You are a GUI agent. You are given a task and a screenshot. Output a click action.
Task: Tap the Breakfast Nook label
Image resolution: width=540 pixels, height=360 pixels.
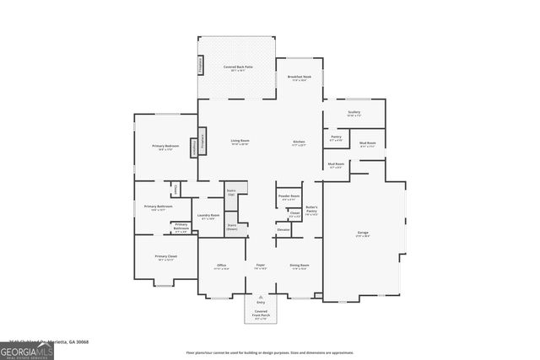tap(300, 78)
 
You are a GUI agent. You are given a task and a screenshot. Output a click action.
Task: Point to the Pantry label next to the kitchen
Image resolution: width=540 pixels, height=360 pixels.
tap(336, 137)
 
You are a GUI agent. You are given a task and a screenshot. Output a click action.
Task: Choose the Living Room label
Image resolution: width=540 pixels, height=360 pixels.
tap(240, 142)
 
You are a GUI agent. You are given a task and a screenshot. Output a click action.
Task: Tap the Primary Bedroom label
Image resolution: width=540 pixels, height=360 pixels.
tap(162, 147)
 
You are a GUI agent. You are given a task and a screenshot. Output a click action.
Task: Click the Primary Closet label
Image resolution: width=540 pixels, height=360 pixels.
tap(165, 257)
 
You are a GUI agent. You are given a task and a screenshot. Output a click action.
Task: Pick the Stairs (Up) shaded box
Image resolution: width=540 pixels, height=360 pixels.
tap(231, 193)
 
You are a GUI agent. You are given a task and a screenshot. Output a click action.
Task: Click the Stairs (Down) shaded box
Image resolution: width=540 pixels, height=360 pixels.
tap(231, 227)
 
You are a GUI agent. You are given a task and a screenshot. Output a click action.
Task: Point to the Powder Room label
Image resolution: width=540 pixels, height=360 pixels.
tap(289, 197)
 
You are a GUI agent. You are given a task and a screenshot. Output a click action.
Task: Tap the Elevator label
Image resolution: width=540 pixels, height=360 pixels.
tap(283, 230)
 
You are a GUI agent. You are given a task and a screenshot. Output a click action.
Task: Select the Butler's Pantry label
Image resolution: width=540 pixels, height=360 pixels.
tap(311, 210)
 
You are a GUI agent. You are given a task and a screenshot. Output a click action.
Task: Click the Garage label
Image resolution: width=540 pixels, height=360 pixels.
tap(363, 234)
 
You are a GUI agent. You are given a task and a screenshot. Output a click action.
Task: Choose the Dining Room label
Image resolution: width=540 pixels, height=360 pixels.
tap(300, 266)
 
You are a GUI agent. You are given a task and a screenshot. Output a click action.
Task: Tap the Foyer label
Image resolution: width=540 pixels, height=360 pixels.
tap(261, 266)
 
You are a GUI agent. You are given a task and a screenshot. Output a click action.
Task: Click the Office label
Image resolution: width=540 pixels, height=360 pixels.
tap(221, 266)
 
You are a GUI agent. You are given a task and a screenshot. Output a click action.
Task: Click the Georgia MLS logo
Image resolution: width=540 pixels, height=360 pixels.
tap(26, 350)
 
